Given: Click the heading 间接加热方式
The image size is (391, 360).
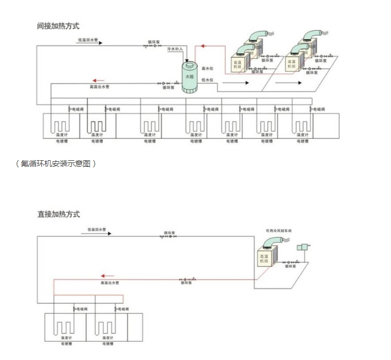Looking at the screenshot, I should (x=58, y=25).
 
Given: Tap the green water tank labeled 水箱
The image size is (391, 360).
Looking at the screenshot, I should (x=190, y=77).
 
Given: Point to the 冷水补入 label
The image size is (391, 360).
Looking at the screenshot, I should (x=175, y=49).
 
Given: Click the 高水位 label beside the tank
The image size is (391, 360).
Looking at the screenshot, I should (x=207, y=68).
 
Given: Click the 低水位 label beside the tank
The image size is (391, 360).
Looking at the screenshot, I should (x=207, y=80).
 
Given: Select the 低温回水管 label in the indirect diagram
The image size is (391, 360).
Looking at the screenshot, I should (x=88, y=40).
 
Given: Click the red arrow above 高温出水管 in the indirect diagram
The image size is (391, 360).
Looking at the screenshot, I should (x=99, y=80).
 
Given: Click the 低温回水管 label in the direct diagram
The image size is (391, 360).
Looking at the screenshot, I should (x=97, y=229).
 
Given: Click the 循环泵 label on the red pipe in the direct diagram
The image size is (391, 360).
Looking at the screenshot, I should (x=186, y=283).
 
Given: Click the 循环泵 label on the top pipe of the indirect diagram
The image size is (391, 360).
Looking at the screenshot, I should (x=154, y=41).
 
